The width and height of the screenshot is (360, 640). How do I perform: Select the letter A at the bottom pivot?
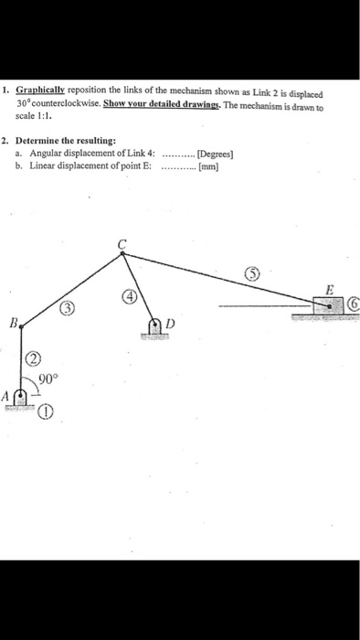coord(5,397)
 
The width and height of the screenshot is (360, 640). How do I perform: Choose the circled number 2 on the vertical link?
coord(34,357)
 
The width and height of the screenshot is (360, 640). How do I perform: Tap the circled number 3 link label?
coord(67,308)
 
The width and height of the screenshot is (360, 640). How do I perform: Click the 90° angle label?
coord(48,377)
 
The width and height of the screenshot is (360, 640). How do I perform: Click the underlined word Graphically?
coord(42,93)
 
